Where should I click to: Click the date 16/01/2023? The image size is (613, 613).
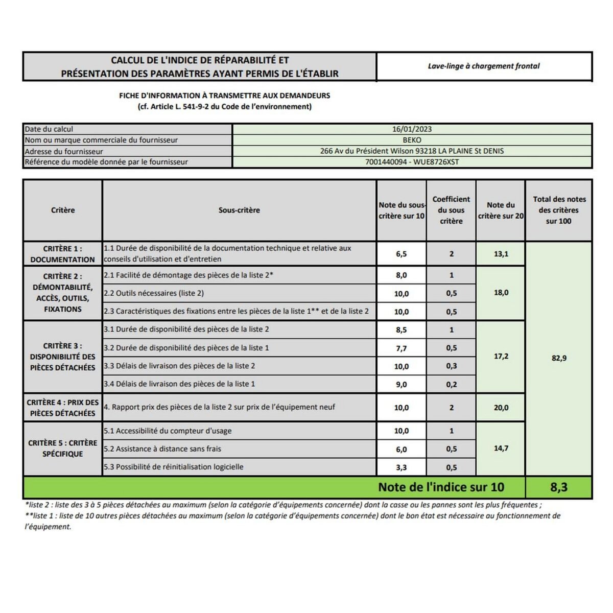(412, 129)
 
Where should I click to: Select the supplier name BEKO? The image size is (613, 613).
(412, 140)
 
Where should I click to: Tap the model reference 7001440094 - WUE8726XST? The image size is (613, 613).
(412, 162)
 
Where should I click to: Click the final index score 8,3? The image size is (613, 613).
(559, 487)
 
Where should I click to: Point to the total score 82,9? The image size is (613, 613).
(559, 358)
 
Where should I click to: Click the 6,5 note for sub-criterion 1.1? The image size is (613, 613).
(402, 254)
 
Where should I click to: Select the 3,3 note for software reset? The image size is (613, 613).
(402, 467)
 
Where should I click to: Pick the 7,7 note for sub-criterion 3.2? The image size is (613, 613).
(402, 348)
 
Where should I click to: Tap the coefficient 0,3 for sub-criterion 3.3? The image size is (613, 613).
(451, 366)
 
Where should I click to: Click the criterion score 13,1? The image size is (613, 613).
(501, 254)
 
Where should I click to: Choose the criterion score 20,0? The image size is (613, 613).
(501, 408)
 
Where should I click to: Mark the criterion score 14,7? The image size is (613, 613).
(501, 449)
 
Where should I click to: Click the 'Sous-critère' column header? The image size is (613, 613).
(239, 210)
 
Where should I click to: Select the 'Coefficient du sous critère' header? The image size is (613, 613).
(451, 210)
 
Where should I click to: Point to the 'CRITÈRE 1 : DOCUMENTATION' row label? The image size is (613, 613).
(62, 254)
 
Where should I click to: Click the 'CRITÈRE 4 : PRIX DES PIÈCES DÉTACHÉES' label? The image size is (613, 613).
(62, 408)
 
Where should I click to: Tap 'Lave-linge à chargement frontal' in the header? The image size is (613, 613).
(483, 66)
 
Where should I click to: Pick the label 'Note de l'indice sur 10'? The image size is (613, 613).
(441, 487)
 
